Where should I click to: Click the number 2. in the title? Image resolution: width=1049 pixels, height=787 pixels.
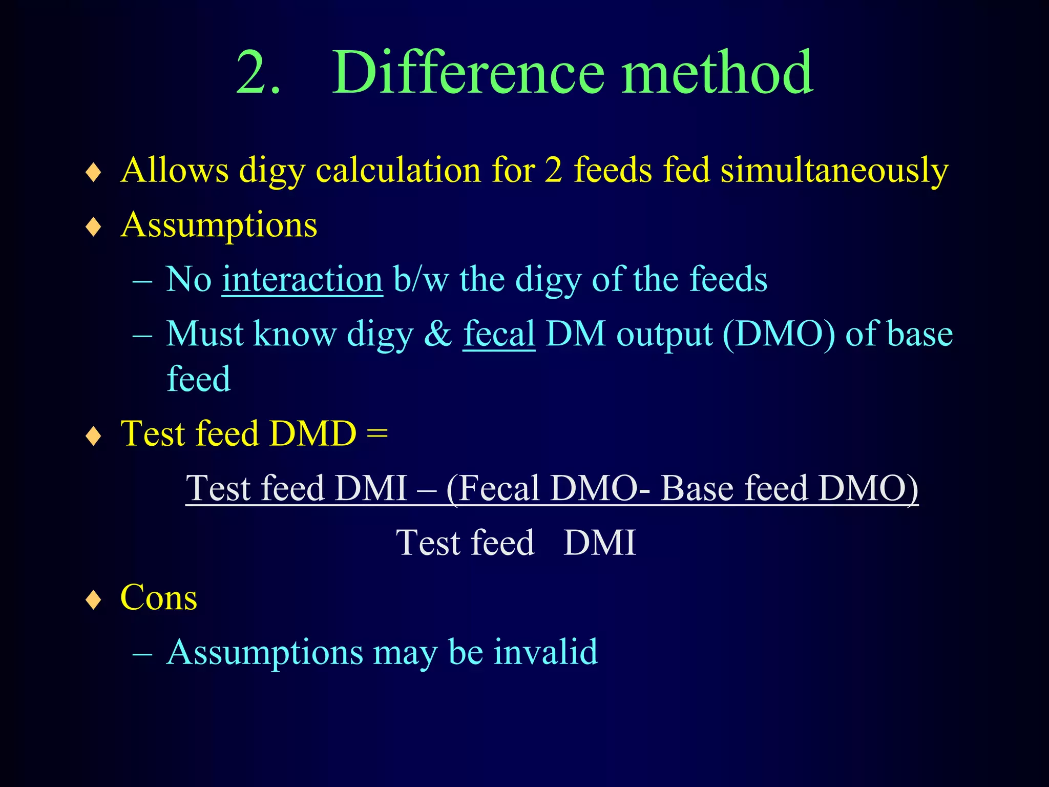pos(258,73)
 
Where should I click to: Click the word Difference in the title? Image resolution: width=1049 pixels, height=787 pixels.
pos(468,73)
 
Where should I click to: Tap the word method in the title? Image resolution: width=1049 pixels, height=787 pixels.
pos(717,73)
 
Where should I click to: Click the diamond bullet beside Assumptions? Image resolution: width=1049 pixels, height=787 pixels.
pos(94,226)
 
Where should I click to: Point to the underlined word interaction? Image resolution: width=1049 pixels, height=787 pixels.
pos(302,280)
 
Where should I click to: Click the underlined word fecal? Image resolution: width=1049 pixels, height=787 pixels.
pos(499,335)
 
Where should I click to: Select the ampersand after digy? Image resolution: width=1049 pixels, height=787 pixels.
pos(438,335)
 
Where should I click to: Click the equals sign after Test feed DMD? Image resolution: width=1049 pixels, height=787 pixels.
pos(377,434)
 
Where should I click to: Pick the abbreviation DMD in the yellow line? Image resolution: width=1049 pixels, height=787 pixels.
pos(313,434)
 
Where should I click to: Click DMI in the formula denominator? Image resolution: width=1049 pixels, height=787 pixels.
pos(599,543)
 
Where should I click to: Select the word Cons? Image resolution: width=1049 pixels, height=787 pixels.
pos(158,598)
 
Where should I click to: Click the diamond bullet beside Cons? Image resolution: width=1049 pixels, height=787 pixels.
pos(94,599)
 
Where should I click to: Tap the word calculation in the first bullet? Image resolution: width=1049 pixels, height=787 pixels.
pos(398,171)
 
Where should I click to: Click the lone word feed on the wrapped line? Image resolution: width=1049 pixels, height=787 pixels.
pos(199,379)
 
